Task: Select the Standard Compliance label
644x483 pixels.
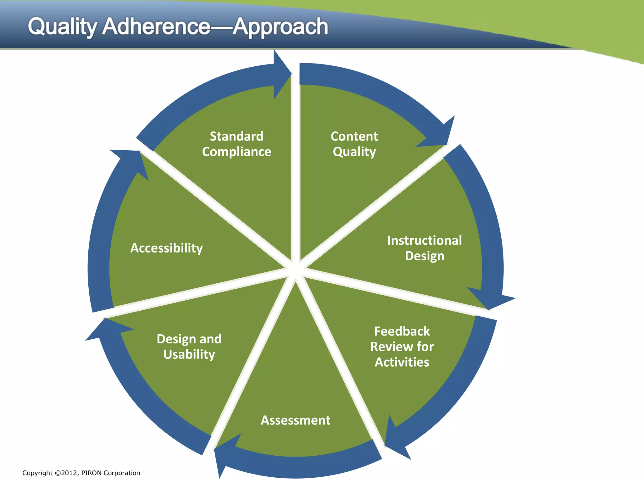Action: coord(236,144)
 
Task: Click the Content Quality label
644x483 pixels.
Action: coord(354,144)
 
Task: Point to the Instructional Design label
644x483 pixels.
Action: coord(425,248)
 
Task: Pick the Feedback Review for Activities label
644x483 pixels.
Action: coord(402,347)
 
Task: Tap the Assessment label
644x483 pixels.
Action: coord(296,420)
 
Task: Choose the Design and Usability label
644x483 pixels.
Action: coord(189,347)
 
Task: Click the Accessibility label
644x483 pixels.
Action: coord(167,248)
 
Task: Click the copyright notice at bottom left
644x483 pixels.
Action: coord(81,473)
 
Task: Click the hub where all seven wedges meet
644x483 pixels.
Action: coord(295,269)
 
